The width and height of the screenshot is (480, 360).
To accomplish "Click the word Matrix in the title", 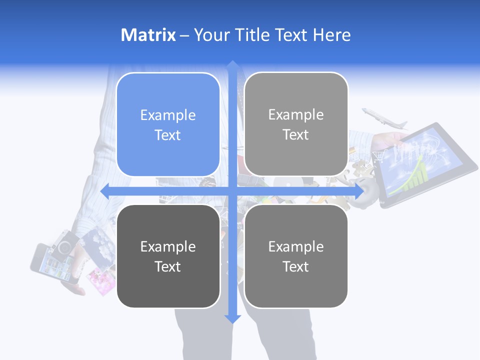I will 148,35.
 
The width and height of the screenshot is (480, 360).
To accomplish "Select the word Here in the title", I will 332,35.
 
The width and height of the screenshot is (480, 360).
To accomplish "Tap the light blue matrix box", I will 168,124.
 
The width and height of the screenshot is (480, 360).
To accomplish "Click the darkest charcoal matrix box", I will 168,256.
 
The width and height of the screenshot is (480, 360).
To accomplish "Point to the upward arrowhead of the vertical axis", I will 232,65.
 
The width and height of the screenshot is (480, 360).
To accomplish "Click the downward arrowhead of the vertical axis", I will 232,318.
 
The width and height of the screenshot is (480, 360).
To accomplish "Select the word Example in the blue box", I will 168,115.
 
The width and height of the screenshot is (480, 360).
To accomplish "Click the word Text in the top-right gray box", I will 295,134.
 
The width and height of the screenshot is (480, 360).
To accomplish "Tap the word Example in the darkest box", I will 168,246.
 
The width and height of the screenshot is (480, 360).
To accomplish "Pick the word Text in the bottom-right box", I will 295,266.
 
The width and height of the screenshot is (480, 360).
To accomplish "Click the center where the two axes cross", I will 232,191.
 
